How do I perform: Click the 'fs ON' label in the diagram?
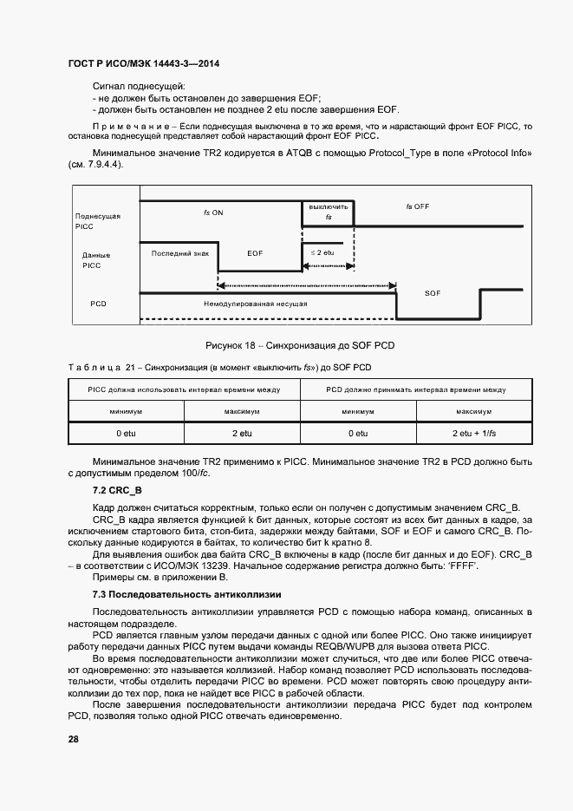point(213,213)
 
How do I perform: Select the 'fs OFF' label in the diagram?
point(418,206)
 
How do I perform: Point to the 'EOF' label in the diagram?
point(255,253)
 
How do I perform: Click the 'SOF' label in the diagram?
point(433,294)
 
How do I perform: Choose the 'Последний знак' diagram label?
point(180,253)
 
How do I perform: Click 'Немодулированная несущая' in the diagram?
point(255,304)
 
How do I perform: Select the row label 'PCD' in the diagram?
point(98,304)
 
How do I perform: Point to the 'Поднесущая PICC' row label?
point(97,220)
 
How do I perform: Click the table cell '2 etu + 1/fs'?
point(474,432)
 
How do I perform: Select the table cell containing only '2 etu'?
point(241,432)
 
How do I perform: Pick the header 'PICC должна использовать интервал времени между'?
point(183,390)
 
